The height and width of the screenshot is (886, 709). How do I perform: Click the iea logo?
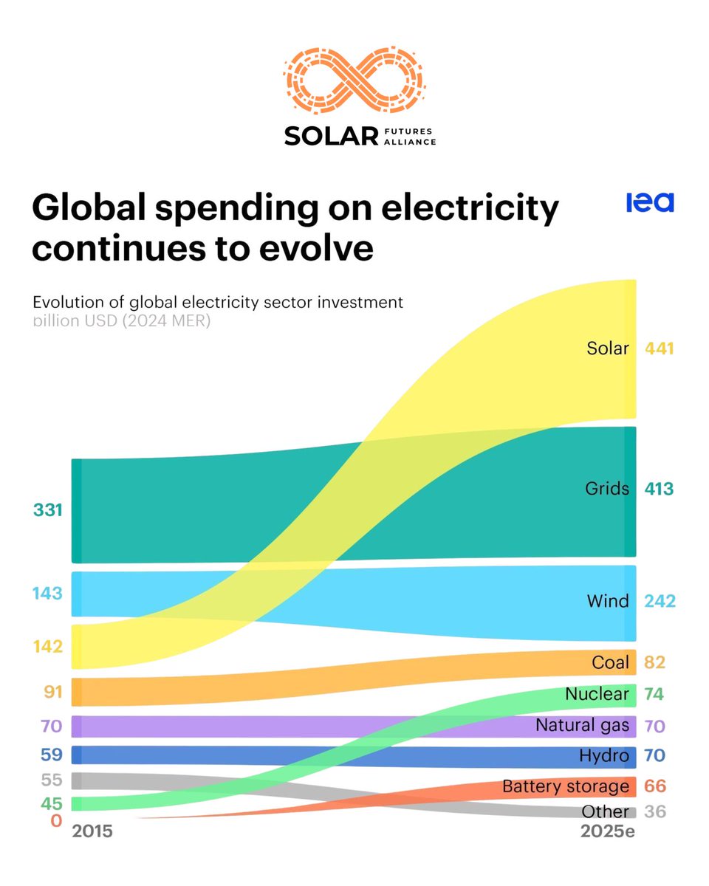pos(650,202)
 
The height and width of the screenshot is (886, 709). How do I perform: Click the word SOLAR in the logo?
pos(331,137)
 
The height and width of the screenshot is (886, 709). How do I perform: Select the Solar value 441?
pos(660,348)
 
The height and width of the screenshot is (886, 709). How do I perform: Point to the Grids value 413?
pos(660,489)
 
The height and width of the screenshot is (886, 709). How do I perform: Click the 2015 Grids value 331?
pos(48,509)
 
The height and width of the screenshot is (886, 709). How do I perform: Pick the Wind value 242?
pos(660,601)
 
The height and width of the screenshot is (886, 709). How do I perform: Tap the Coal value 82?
pos(654,662)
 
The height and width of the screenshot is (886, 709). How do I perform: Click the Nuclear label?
pos(597,694)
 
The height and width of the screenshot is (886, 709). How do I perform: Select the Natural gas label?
pos(582,726)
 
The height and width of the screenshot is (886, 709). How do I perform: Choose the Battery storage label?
pos(566,786)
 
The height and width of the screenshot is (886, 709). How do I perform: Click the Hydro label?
pos(604,756)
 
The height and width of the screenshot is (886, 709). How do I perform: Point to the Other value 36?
pos(654,811)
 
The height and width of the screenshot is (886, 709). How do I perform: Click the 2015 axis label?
pos(92,831)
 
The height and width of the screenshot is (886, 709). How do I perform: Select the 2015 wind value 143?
pos(48,594)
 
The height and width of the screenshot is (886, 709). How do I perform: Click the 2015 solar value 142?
pos(48,646)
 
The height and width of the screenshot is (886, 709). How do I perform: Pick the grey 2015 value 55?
pos(52,780)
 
